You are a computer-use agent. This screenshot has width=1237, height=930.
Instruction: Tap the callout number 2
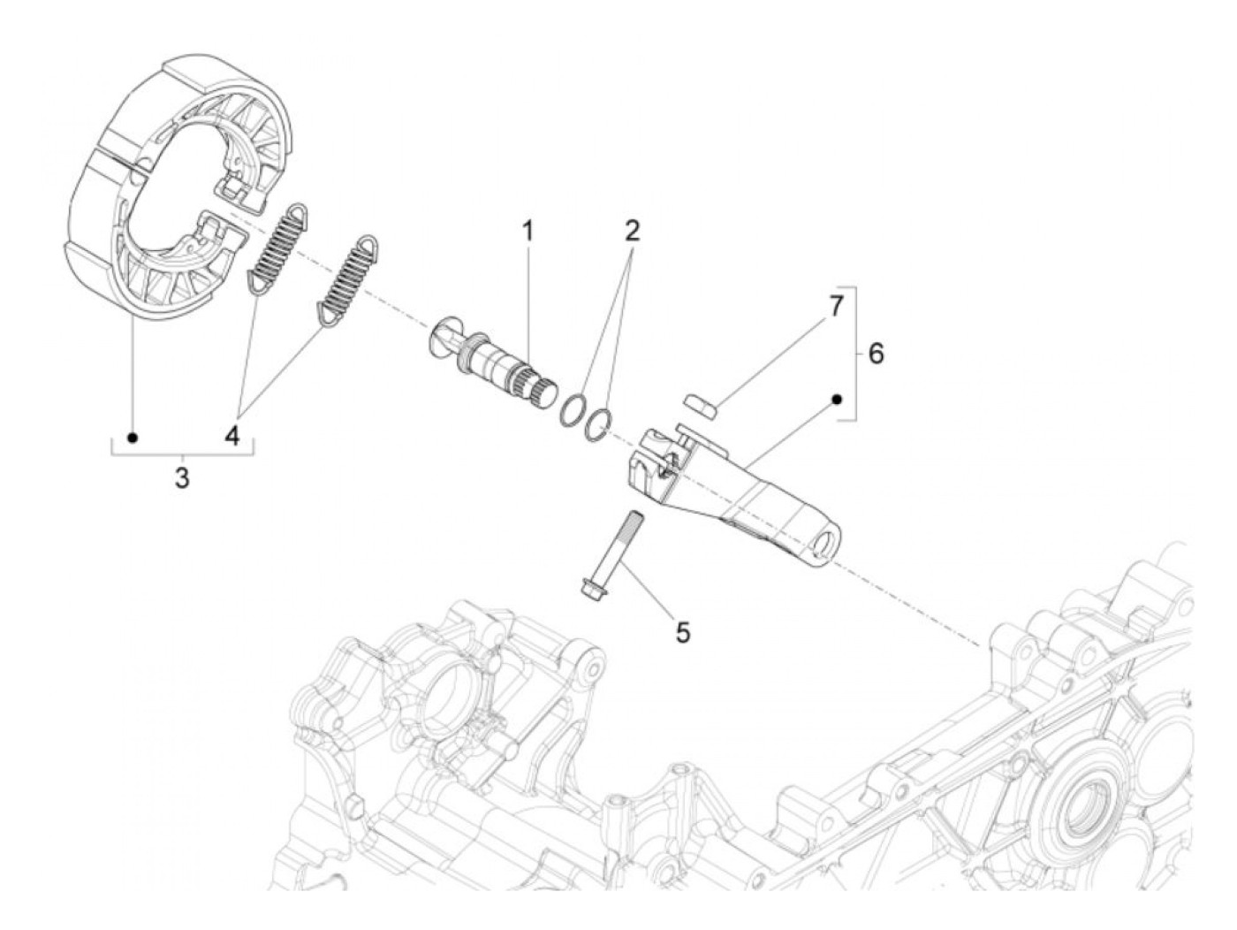tap(631, 232)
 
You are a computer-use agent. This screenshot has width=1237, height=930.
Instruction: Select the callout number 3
tap(181, 478)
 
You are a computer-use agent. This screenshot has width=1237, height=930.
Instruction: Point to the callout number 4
tap(232, 435)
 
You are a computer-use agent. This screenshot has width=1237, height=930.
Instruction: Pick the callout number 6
tap(875, 354)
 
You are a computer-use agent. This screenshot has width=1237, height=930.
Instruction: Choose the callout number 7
tap(836, 307)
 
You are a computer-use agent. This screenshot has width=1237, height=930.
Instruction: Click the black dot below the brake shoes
tap(133, 438)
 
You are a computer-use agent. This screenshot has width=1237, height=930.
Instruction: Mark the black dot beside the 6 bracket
tap(836, 400)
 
